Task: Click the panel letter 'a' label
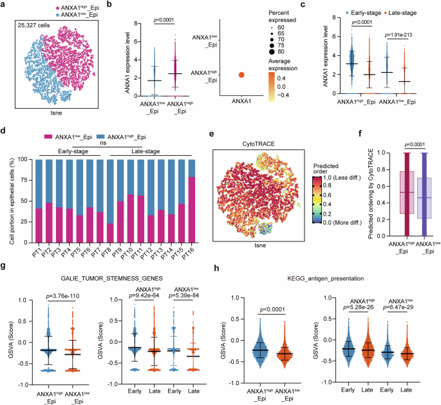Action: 4,5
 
